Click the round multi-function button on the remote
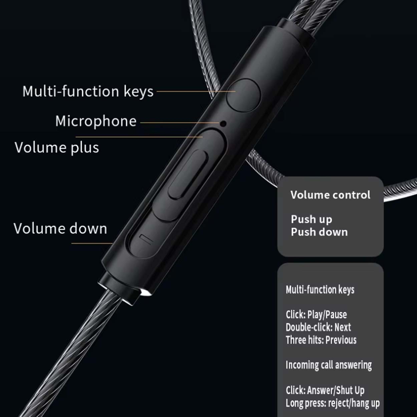pos(244,95)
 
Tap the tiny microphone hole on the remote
pos(223,124)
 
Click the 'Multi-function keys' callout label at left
pos(88,91)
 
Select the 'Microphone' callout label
pos(96,121)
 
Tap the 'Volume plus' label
pos(57,147)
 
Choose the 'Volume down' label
pos(60,229)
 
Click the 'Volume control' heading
pos(330,195)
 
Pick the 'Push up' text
pos(311,219)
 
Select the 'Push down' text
pos(319,232)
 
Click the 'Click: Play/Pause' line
pos(316,314)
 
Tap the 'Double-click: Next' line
pos(318,327)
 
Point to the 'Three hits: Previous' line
pos(321,340)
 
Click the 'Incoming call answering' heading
pos(329,365)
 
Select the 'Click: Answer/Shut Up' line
pos(325,390)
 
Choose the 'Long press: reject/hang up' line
pos(333,403)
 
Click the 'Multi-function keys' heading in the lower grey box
pos(320,290)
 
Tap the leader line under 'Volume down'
pos(92,243)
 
